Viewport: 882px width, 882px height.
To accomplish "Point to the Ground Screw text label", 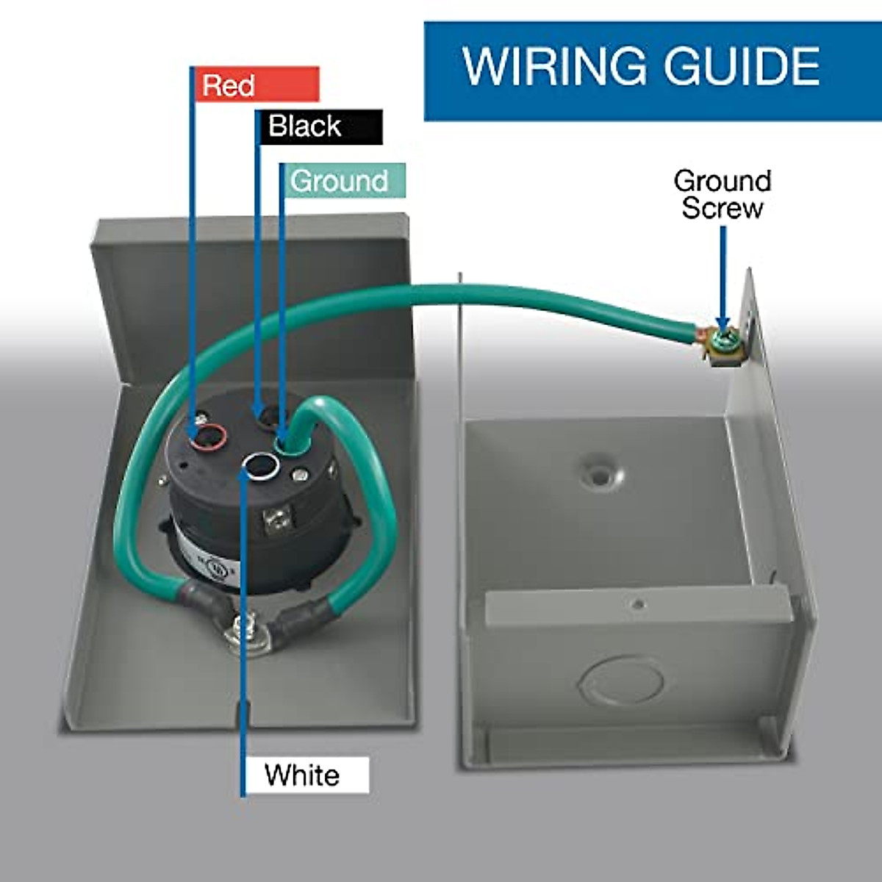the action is (x=723, y=195).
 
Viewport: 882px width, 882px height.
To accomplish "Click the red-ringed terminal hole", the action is (x=209, y=436).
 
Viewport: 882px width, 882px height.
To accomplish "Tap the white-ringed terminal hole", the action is (x=260, y=467).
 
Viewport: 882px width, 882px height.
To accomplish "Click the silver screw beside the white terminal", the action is (x=298, y=475).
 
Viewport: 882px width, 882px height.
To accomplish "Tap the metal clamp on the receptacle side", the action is (x=276, y=518).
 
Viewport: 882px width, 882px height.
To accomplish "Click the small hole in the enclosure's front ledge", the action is (x=638, y=605).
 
